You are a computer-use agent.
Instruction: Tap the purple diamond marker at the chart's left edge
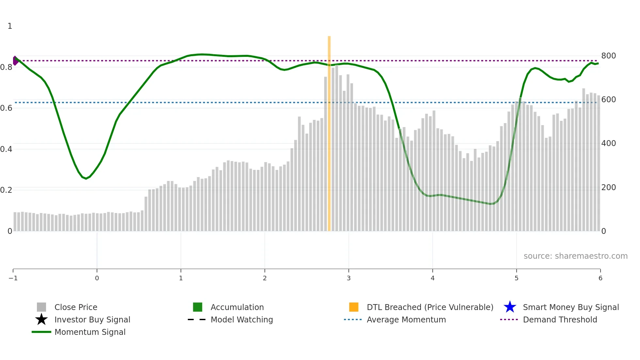point(15,60)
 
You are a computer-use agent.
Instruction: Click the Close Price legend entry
point(76,307)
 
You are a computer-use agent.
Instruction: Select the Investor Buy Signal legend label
point(92,319)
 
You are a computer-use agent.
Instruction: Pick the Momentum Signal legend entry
point(90,332)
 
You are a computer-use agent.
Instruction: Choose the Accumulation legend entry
point(237,307)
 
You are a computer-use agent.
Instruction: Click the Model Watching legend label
point(242,319)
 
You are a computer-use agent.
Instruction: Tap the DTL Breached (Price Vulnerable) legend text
point(430,307)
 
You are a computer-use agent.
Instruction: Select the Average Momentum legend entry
point(406,319)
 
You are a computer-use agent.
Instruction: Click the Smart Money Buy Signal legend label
point(571,307)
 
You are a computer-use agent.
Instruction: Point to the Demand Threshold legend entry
point(560,319)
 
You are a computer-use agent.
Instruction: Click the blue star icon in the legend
point(510,307)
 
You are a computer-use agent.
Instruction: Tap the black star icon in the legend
point(41,319)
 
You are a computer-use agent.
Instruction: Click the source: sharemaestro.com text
point(575,256)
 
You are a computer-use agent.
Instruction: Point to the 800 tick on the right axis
point(608,56)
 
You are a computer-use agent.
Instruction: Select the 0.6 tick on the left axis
point(6,108)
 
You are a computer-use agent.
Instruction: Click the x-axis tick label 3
point(348,278)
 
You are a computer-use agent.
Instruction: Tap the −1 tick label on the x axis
point(13,278)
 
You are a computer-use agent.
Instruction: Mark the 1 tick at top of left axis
point(10,26)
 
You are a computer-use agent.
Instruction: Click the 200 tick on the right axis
point(608,188)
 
